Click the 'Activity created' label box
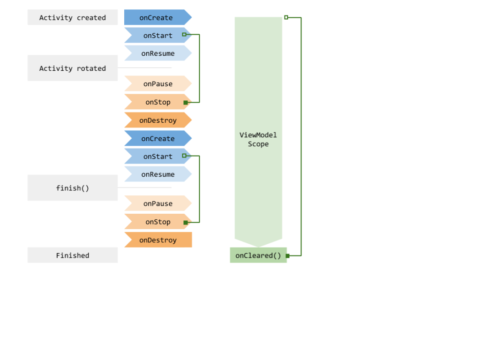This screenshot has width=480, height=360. (72, 18)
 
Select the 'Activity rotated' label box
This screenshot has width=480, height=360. (72, 68)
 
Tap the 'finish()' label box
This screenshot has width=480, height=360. (72, 188)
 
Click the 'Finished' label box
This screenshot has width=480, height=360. (72, 255)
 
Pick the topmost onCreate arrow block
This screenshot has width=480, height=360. (156, 18)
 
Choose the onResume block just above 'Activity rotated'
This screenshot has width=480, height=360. (157, 53)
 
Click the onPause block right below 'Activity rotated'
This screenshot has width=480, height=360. (157, 84)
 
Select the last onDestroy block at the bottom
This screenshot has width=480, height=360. (157, 240)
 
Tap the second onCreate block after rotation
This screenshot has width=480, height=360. (157, 139)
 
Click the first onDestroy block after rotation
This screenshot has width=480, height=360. (157, 120)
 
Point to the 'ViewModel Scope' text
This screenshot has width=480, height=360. (258, 140)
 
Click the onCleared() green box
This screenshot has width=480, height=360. (258, 255)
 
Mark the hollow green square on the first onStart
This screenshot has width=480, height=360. (184, 35)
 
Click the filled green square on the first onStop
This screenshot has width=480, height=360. (186, 102)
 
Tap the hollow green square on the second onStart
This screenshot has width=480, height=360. (184, 156)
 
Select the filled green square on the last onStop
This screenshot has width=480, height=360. (186, 222)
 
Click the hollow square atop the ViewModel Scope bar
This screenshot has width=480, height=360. (286, 17)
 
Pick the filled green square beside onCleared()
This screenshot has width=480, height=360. (287, 256)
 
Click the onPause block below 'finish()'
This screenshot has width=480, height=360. (157, 203)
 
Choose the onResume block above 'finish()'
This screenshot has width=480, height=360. (157, 174)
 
